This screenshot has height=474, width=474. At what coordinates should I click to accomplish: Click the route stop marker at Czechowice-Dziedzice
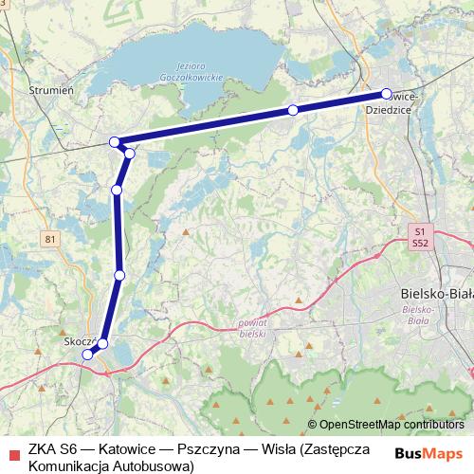(387, 94)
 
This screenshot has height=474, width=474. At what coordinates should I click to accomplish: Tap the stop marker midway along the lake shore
(293, 111)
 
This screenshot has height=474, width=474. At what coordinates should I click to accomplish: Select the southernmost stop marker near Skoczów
(87, 355)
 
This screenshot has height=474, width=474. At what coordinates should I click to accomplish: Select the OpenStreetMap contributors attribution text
(391, 426)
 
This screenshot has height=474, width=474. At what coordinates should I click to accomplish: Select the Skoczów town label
(76, 339)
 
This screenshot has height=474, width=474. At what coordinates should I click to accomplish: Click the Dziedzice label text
(390, 109)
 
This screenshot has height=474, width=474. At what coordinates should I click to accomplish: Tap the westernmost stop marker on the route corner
(116, 142)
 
